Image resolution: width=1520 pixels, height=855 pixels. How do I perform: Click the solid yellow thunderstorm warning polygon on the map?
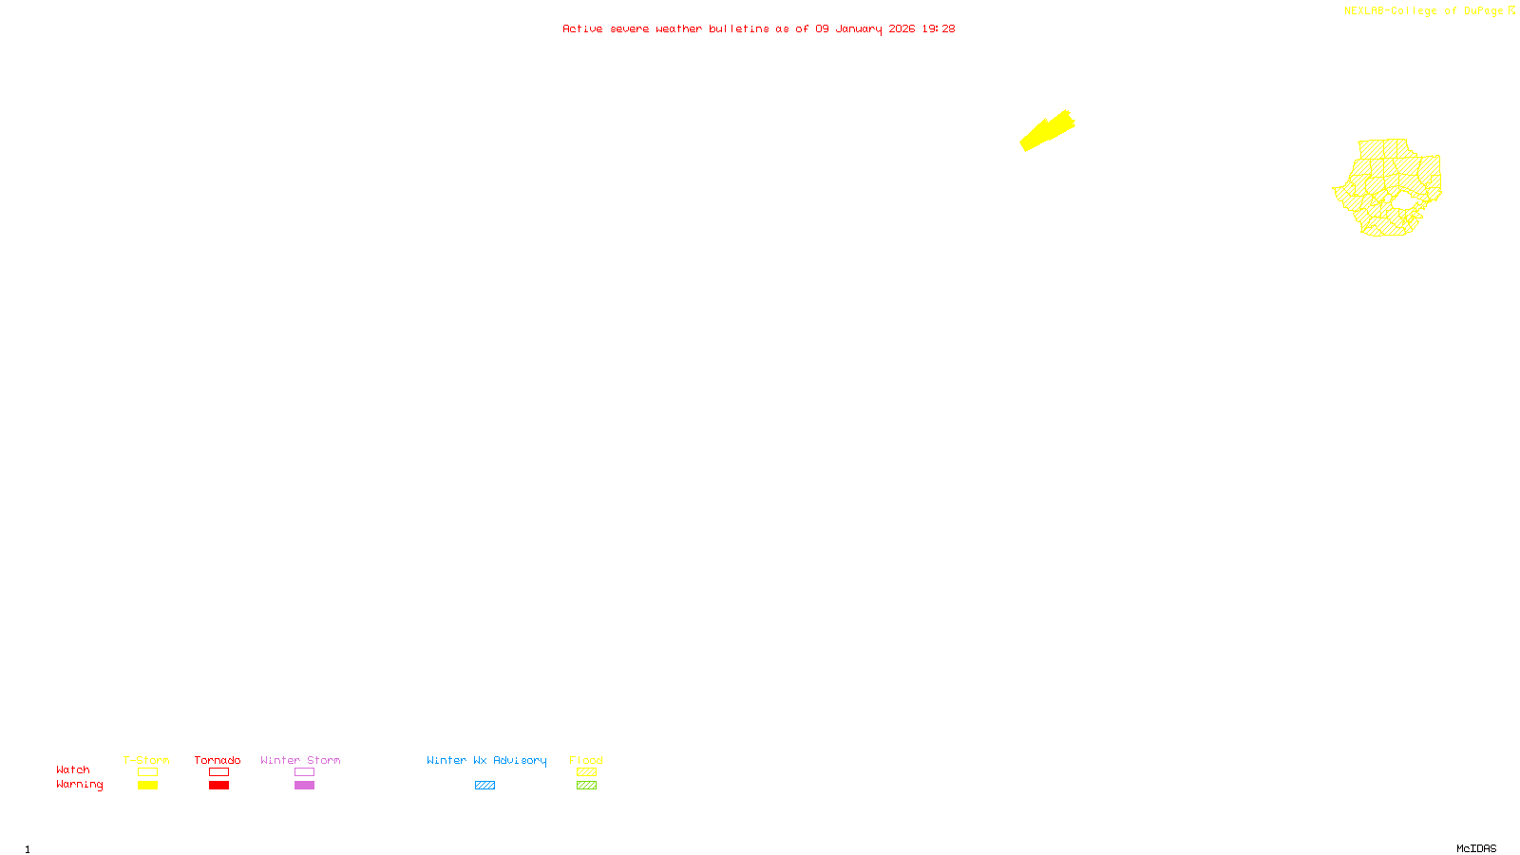pos(1047,131)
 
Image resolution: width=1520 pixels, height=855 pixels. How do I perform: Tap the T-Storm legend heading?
pos(146,760)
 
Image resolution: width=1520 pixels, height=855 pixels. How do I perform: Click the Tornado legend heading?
pos(218,760)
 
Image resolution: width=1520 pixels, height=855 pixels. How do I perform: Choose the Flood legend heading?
pos(586,760)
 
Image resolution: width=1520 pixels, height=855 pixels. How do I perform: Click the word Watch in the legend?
pos(73,769)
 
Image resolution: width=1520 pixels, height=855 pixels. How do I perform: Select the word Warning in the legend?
pos(79,785)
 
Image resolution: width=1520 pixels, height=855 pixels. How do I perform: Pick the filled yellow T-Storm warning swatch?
pos(147,786)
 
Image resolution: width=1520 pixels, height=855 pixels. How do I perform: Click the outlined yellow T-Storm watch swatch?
pos(147,772)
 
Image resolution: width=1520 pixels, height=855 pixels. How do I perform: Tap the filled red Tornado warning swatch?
pos(218,786)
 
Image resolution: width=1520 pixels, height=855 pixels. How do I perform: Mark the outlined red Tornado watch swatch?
pos(218,772)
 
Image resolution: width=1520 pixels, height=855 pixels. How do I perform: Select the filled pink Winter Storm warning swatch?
pos(304,786)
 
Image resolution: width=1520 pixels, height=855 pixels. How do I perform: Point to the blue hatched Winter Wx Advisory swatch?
pos(484,786)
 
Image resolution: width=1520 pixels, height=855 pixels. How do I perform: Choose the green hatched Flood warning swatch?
pos(586,786)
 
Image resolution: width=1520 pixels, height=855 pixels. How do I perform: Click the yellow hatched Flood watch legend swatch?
pos(586,772)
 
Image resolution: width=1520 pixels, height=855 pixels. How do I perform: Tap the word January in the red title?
pos(859,28)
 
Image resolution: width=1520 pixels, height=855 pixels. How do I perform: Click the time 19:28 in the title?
pos(939,28)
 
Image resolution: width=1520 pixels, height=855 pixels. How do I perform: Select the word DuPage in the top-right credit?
pos(1483,10)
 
